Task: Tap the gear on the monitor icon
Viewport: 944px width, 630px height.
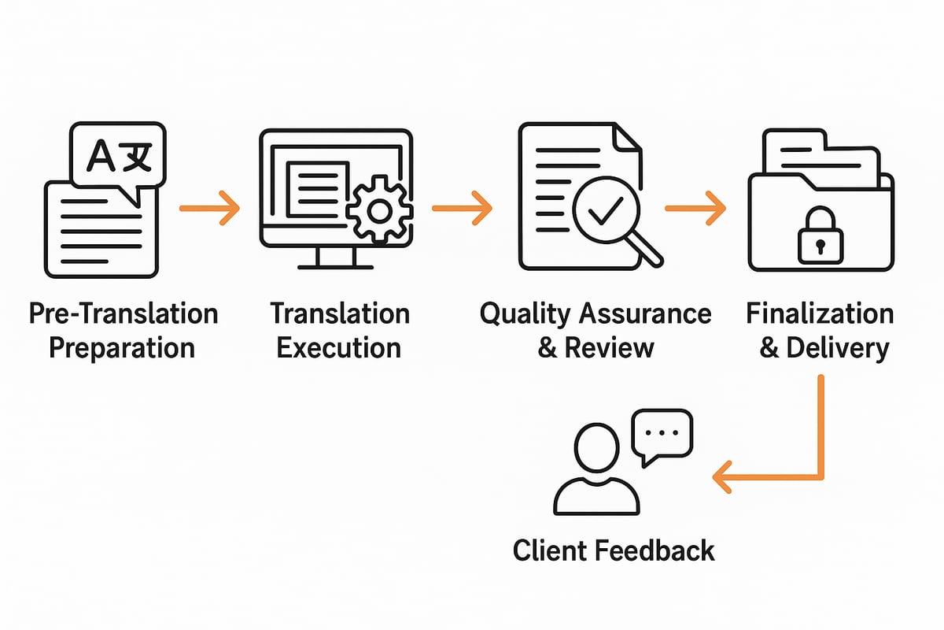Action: pos(379,209)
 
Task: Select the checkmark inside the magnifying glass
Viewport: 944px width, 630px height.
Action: pos(608,208)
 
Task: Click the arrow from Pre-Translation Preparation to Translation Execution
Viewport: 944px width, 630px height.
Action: pos(209,208)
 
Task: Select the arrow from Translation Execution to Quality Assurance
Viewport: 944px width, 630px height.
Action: pos(462,208)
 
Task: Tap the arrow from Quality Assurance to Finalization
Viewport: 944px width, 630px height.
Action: pos(695,208)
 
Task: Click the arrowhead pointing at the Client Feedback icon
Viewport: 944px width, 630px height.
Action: pos(722,476)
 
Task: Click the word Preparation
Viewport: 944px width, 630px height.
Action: pos(122,347)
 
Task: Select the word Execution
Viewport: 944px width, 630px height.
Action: pos(339,347)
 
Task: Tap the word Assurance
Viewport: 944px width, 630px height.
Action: pos(644,313)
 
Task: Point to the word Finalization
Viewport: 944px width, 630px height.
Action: pos(820,313)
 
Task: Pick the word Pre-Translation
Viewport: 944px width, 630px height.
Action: pos(123,313)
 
